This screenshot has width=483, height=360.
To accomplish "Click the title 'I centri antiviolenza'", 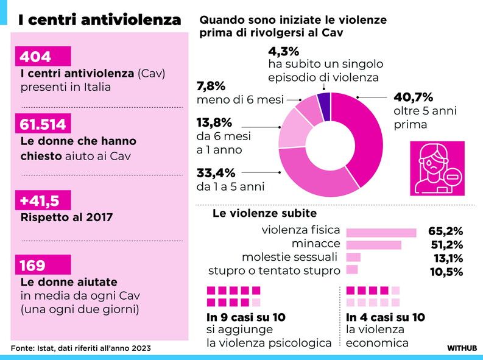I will (99, 19).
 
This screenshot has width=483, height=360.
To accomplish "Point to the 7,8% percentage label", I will (211, 86).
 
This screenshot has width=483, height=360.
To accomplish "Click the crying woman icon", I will (437, 166).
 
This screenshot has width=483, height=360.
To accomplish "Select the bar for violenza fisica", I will (381, 232).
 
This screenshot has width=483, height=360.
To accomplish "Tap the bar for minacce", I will (373, 245).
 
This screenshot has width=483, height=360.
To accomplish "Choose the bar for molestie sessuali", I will (353, 258).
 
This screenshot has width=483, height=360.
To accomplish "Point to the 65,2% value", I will (446, 232).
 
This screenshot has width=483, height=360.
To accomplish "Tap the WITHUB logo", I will (460, 348).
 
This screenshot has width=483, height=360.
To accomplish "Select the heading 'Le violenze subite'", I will (264, 214).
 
